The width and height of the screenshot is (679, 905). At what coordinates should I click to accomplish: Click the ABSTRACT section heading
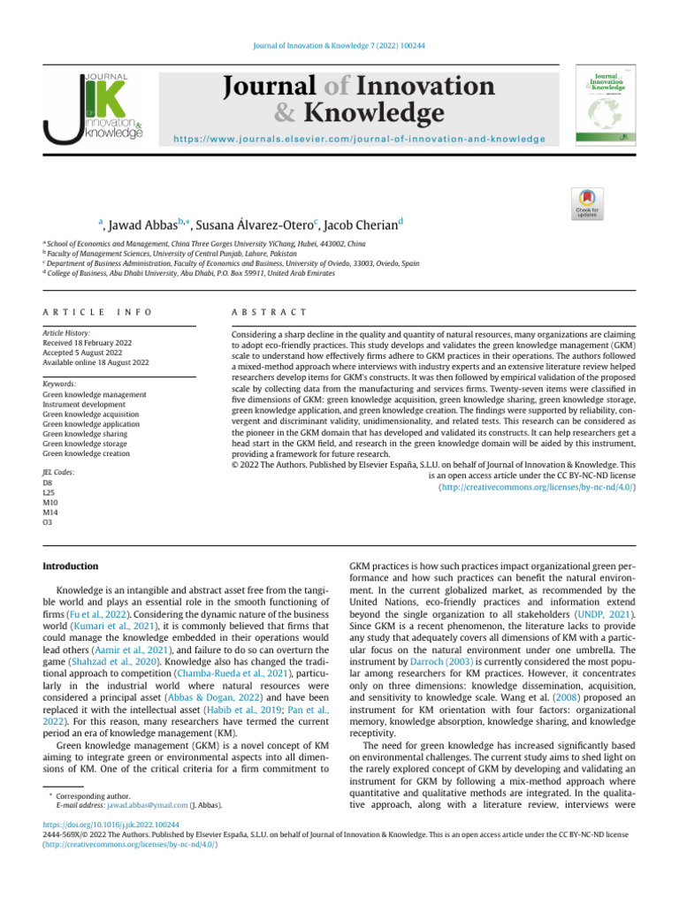click(x=268, y=313)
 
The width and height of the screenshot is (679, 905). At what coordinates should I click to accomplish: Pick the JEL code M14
click(x=50, y=513)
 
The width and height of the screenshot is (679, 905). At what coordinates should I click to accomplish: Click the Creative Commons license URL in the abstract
click(x=537, y=486)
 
